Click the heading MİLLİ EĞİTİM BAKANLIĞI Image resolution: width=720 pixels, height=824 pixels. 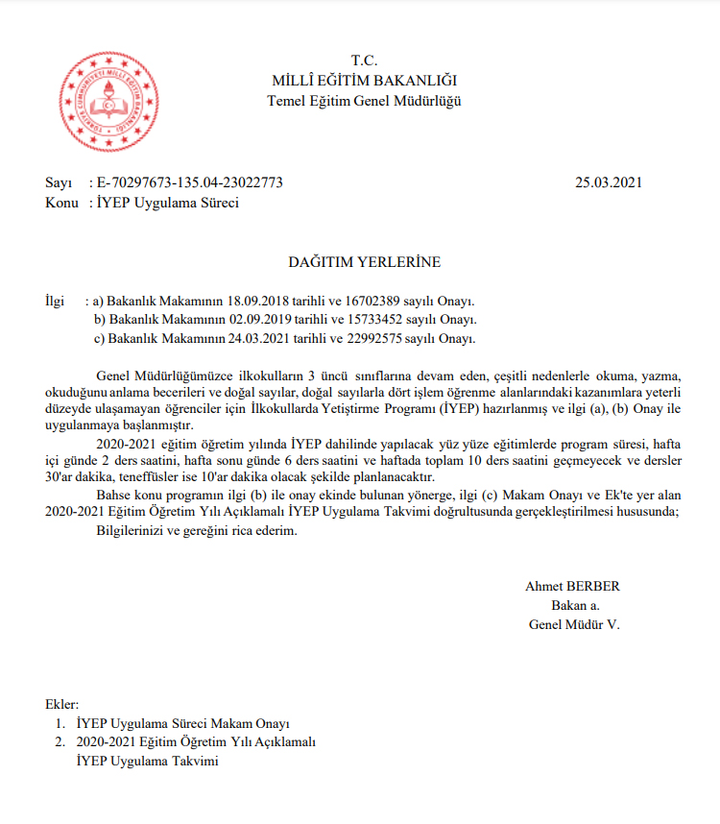[364, 81]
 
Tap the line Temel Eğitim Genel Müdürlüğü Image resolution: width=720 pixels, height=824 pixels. [364, 102]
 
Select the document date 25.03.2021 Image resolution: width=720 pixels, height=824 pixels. [608, 182]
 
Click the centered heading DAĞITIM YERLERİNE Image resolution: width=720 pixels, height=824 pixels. [365, 262]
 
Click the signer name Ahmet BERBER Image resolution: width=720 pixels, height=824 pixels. [573, 586]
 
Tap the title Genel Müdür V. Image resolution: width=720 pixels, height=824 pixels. [574, 624]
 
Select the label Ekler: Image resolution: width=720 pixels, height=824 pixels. [63, 704]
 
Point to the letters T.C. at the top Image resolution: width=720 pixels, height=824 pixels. [365, 61]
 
